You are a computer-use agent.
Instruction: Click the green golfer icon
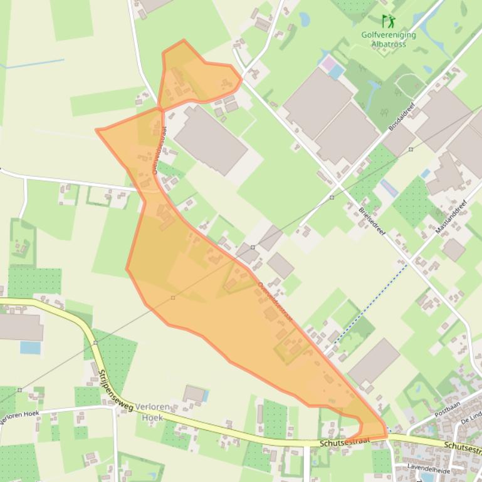[x=388, y=21]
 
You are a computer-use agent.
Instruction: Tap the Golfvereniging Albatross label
[x=389, y=39]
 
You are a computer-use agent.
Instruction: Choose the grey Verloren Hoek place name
[x=152, y=412]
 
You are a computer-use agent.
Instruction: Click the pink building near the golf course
[x=328, y=63]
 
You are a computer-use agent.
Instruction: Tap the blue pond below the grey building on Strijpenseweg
[x=30, y=347]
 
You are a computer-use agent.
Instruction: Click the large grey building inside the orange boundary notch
[x=210, y=140]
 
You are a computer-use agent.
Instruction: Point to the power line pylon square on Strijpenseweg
[x=95, y=342]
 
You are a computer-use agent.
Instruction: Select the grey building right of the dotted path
[x=374, y=362]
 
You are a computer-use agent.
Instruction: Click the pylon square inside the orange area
[x=173, y=297]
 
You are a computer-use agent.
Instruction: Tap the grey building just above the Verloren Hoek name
[x=194, y=394]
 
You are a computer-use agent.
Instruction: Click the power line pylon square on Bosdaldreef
[x=411, y=149]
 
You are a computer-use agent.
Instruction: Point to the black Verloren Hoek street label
[x=20, y=416]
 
